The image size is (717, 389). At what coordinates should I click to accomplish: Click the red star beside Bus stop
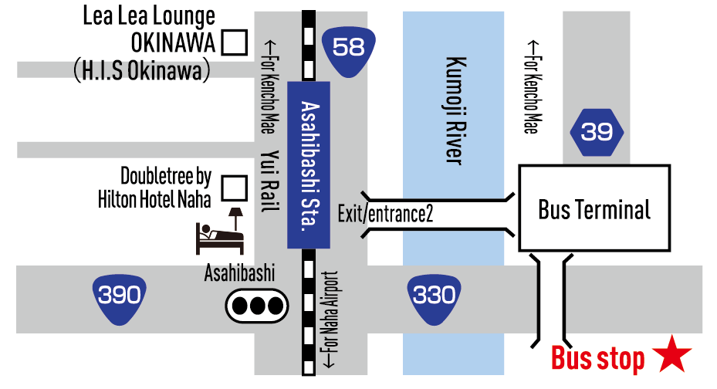(672, 356)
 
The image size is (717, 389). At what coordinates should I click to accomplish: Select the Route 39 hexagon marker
(597, 133)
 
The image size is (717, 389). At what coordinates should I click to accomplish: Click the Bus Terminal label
(594, 209)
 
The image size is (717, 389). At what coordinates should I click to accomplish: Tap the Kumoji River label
(454, 111)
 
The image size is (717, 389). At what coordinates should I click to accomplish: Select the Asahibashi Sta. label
(309, 166)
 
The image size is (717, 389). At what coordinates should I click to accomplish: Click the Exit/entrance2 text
(385, 214)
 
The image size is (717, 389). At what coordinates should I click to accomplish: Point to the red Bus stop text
(597, 359)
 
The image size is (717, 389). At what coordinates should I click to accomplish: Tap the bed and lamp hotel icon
(221, 231)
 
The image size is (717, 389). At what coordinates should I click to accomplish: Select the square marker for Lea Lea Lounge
(234, 42)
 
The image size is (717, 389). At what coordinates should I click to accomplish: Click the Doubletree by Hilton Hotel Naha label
(154, 188)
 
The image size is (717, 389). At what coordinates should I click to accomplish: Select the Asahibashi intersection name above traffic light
(239, 273)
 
